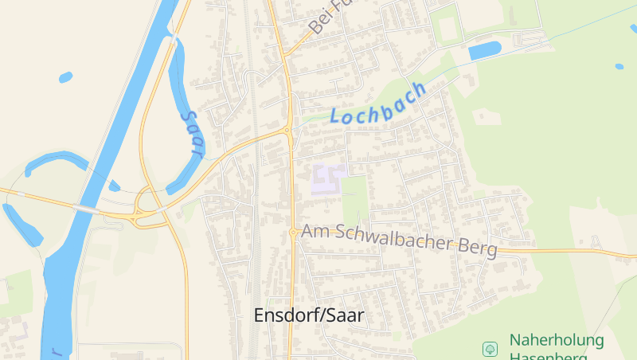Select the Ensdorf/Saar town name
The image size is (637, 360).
click(308, 315)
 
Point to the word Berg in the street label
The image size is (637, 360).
click(479, 248)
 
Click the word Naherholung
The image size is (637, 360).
click(557, 340)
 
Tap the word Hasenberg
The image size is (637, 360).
click(556, 356)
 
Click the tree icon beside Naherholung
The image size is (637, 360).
click(490, 348)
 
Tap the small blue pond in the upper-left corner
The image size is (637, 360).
click(65, 77)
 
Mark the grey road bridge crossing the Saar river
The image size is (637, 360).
click(85, 209)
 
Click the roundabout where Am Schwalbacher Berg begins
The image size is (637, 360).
click(294, 232)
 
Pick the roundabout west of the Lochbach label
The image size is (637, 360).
click(287, 130)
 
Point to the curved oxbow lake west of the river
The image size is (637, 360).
click(56, 162)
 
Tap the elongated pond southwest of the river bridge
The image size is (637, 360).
click(21, 224)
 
